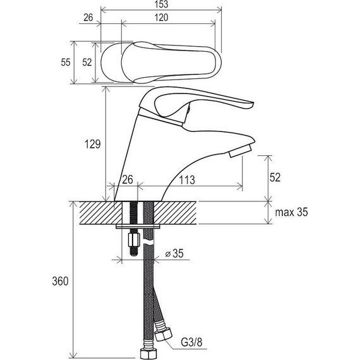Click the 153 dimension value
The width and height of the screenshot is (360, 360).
pos(162,4)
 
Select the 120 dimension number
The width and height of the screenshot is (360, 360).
pos(161,18)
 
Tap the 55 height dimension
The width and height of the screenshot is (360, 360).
pos(66,63)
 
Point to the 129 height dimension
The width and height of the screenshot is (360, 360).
pos(92,144)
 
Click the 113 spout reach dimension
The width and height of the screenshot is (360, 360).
pos(187,180)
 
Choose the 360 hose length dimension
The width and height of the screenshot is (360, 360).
pos(60,281)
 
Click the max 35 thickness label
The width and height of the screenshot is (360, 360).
pos(291,212)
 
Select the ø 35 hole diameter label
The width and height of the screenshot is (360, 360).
pos(174,253)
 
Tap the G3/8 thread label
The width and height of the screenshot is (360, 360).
pos(192,343)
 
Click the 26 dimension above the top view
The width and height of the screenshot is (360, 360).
pos(88,18)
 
